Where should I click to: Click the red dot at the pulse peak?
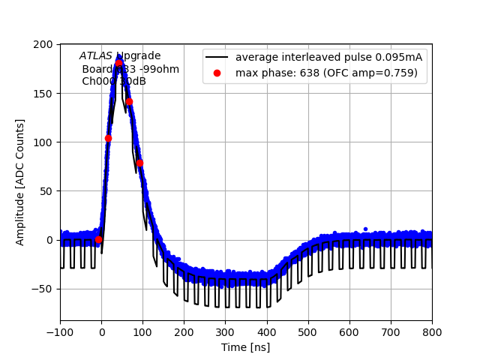(x=118, y=63)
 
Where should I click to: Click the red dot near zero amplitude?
(x=98, y=239)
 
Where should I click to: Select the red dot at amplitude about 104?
(x=108, y=138)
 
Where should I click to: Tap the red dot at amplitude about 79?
(x=139, y=163)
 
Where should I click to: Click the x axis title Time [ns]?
(x=246, y=347)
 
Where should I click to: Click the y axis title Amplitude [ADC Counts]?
(x=20, y=181)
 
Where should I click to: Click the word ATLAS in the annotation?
(x=96, y=55)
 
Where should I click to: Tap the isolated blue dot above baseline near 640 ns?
(x=365, y=229)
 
